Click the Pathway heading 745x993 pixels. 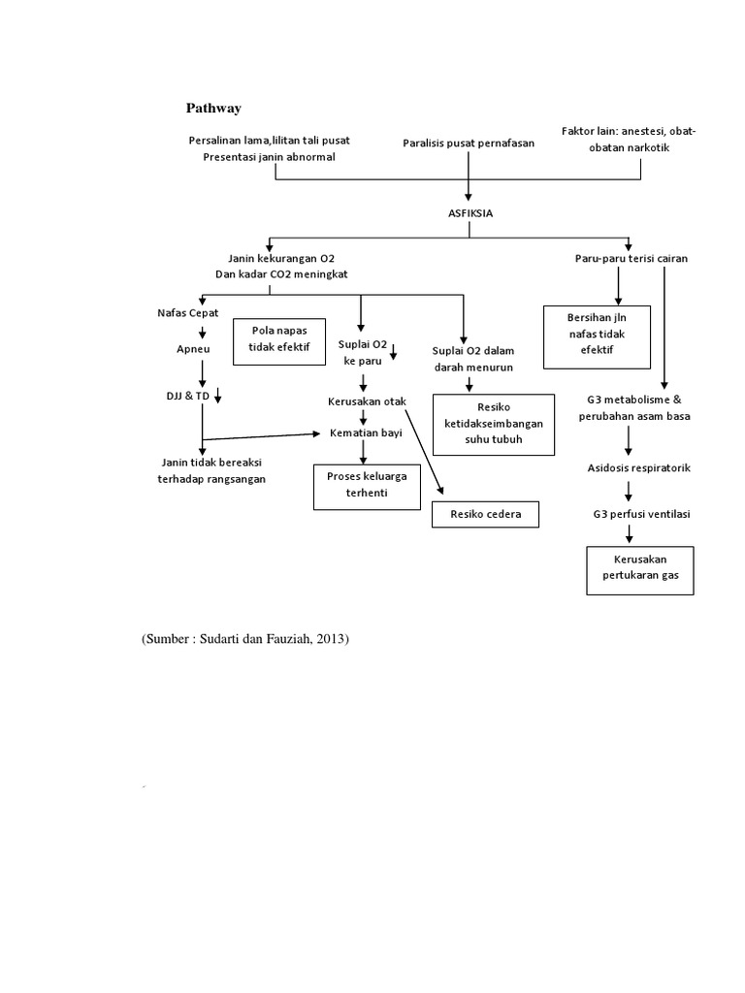(213, 108)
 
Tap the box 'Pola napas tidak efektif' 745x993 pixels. (280, 336)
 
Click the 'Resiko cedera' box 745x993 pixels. (485, 514)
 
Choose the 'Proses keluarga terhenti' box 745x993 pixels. (367, 486)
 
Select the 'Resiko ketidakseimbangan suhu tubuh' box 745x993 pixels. (493, 425)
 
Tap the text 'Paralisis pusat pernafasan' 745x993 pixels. (468, 144)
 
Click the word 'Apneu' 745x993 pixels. (193, 348)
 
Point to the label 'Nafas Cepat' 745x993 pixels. (188, 313)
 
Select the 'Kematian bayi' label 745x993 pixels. (366, 432)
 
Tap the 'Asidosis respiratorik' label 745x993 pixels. (638, 468)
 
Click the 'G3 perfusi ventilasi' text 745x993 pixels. (640, 513)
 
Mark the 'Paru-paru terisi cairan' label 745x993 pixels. (631, 259)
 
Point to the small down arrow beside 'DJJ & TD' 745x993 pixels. (218, 394)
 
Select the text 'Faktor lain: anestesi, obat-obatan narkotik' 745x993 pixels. (629, 139)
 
